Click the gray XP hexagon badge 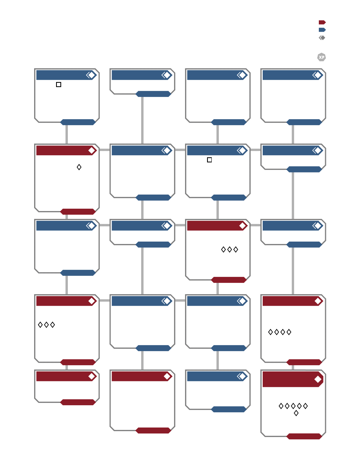pyautogui.click(x=322, y=57)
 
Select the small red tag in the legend pyautogui.click(x=322, y=22)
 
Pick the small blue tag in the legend pyautogui.click(x=322, y=30)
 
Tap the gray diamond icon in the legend pyautogui.click(x=322, y=38)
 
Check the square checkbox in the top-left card pyautogui.click(x=58, y=84)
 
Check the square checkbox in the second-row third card pyautogui.click(x=209, y=160)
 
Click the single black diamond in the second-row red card pyautogui.click(x=79, y=167)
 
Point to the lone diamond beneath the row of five pyautogui.click(x=296, y=413)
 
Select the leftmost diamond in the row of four pyautogui.click(x=270, y=332)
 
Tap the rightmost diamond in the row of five pyautogui.click(x=305, y=406)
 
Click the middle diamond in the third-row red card pyautogui.click(x=229, y=249)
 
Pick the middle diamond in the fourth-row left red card pyautogui.click(x=46, y=325)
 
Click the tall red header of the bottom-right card pyautogui.click(x=293, y=379)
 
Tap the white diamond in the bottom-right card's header pyautogui.click(x=318, y=379)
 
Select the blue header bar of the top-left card pyautogui.click(x=67, y=75)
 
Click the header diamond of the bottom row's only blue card pyautogui.click(x=243, y=377)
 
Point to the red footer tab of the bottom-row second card pyautogui.click(x=153, y=430)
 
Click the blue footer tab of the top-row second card pyautogui.click(x=153, y=94)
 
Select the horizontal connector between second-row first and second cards pyautogui.click(x=105, y=150)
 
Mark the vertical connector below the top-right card pyautogui.click(x=293, y=135)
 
